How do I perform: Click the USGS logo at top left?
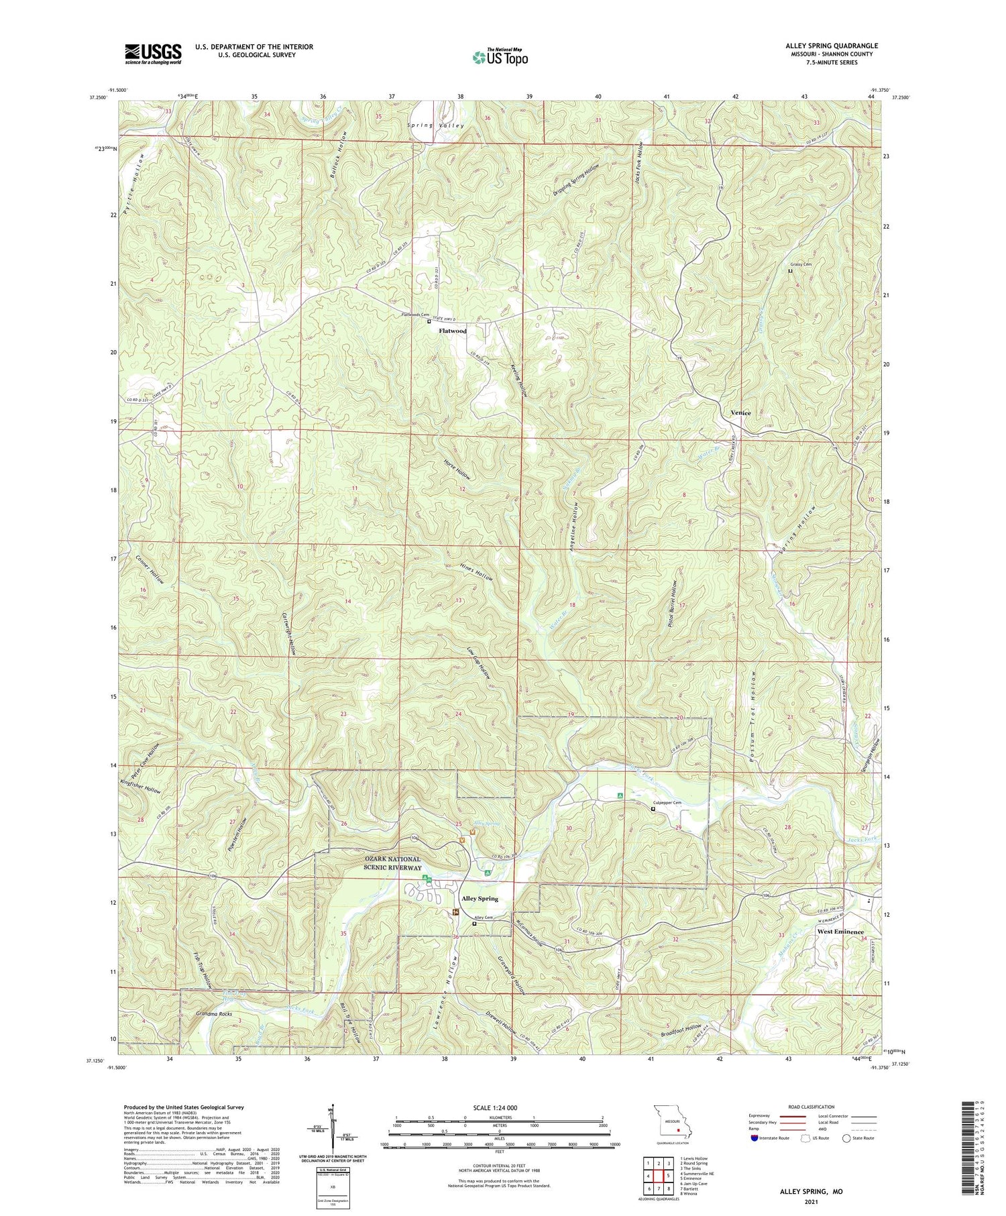coord(153,54)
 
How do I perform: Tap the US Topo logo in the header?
coord(500,57)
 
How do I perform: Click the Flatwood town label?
coord(453,331)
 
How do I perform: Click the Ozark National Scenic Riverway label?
coord(374,864)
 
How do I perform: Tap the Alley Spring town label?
coord(480,898)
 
